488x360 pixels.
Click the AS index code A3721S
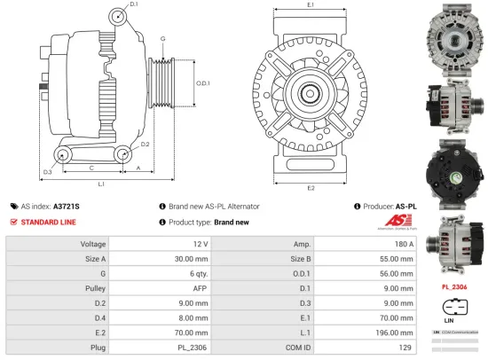click(x=67, y=205)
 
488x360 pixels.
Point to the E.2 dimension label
click(x=311, y=188)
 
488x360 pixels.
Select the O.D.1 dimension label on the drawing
click(x=201, y=84)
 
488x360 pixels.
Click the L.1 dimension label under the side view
click(x=101, y=184)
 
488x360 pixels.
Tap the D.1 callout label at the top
click(x=133, y=5)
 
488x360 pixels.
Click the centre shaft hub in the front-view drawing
click(x=311, y=92)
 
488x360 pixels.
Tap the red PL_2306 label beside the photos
click(x=453, y=286)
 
